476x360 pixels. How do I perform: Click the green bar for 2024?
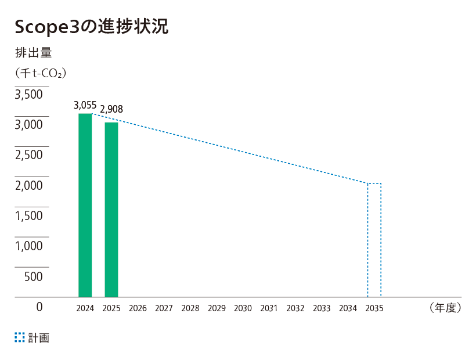85,205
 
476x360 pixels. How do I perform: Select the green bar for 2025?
111,210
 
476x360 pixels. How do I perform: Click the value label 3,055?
85,105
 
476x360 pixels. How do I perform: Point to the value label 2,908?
111,109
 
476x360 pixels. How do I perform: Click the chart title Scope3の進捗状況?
91,26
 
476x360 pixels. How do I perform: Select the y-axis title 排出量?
34,53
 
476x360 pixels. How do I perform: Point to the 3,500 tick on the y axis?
29,95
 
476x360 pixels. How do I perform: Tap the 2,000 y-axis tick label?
29,185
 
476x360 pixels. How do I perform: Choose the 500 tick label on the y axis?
34,276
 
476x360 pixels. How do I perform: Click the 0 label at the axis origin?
39,307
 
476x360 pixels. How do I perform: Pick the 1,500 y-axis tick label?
29,215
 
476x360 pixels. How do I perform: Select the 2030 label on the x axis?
243,308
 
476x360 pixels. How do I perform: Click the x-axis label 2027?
164,308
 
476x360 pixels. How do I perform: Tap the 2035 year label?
374,308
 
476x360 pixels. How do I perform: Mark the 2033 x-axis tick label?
322,308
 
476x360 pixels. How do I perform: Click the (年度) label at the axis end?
445,308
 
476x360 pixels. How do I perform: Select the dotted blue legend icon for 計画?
20,337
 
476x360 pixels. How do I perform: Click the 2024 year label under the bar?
85,308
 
